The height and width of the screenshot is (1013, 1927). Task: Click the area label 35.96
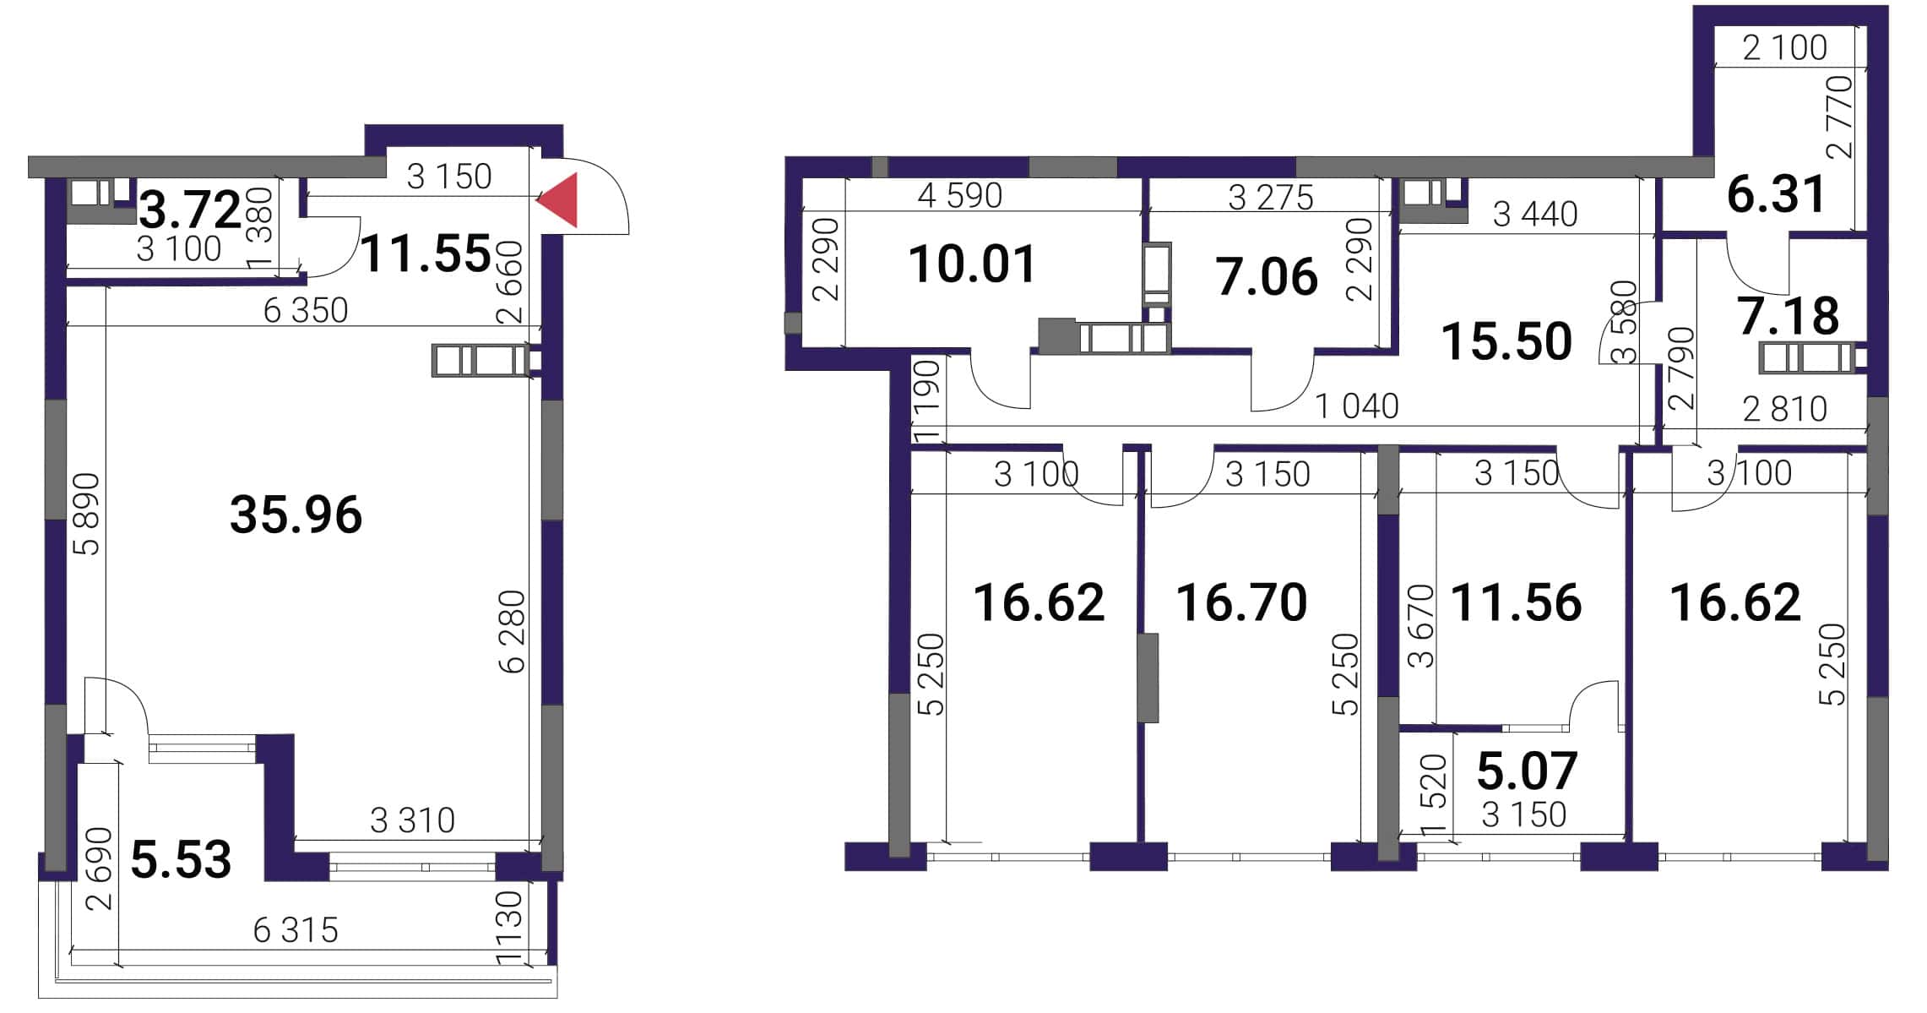[x=296, y=515]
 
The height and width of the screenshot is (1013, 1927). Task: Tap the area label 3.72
[x=190, y=210]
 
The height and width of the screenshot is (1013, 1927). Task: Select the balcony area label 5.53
[x=182, y=859]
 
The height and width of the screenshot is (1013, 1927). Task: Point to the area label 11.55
[x=426, y=253]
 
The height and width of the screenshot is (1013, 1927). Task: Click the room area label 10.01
[x=973, y=264]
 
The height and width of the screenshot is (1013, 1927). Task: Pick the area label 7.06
[x=1267, y=277]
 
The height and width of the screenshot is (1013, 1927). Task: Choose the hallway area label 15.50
[x=1507, y=341]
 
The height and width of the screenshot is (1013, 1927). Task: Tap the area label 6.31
[x=1777, y=193]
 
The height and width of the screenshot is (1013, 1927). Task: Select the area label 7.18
[x=1789, y=316]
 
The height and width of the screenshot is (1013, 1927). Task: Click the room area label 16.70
[x=1242, y=602]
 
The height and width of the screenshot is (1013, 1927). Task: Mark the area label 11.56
[x=1517, y=602]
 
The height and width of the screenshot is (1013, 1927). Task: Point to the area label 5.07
[x=1528, y=770]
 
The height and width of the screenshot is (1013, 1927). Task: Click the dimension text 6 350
[x=306, y=311]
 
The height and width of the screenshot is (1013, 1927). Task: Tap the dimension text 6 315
[x=296, y=930]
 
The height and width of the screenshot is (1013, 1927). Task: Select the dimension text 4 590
[x=960, y=196]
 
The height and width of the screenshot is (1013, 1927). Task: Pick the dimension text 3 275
[x=1271, y=198]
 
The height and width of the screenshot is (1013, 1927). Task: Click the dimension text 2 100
[x=1785, y=47]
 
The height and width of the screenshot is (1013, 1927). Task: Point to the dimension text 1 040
[x=1357, y=406]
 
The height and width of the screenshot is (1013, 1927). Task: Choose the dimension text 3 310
[x=413, y=820]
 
